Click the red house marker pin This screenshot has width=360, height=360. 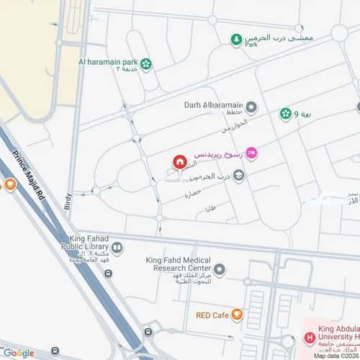[179, 163]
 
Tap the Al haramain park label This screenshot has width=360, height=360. [108, 62]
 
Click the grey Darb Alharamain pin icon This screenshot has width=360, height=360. [251, 108]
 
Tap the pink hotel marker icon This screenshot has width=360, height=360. [251, 152]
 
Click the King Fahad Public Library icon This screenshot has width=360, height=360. [117, 248]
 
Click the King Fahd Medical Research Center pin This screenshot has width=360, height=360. [220, 270]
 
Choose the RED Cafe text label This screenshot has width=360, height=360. [212, 314]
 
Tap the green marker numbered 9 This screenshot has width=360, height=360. [286, 114]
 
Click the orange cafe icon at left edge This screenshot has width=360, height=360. [9, 184]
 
